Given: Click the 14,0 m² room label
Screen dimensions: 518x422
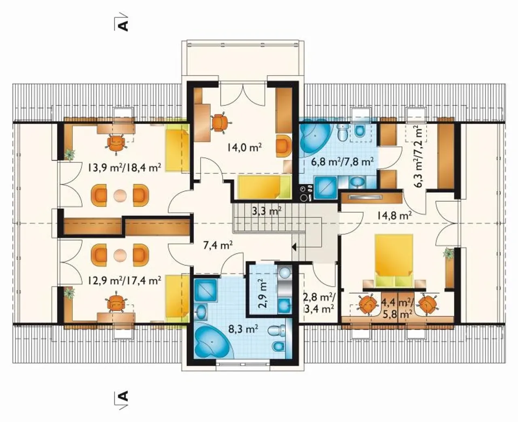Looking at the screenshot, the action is pos(244,147).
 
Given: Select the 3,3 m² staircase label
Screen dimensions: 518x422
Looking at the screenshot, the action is pos(267,211).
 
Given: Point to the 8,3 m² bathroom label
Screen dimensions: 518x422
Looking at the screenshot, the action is pos(243,329).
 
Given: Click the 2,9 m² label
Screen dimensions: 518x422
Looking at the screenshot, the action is pos(262,295).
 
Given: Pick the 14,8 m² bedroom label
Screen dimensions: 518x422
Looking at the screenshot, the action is pos(395,215).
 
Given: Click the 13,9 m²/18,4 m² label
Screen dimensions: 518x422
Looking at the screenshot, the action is pos(124,167).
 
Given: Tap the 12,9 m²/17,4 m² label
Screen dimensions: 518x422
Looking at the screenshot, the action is pos(124,280).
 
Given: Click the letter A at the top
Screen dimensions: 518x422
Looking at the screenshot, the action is pos(124,26).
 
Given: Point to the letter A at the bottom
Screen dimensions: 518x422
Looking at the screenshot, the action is pos(124,397).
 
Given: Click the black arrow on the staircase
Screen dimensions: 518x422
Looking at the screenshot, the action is pos(294,248).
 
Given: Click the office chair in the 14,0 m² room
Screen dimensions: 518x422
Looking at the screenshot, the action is pos(221,123).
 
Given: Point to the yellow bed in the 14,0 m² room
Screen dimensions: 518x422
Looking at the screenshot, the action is pos(265,187).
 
